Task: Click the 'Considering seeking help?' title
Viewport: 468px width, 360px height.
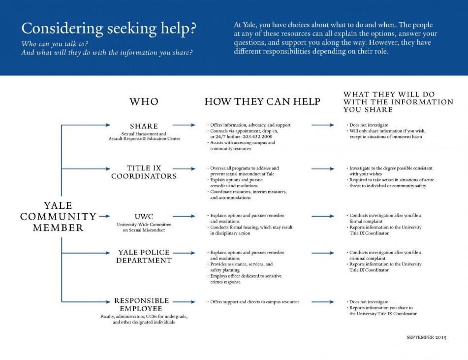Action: pyautogui.click(x=109, y=29)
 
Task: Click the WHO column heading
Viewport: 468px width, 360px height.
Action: pyautogui.click(x=144, y=101)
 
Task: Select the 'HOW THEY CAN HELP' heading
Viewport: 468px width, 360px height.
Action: pyautogui.click(x=262, y=101)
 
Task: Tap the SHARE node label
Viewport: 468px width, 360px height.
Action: pyautogui.click(x=144, y=126)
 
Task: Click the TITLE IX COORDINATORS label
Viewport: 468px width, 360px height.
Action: pyautogui.click(x=144, y=172)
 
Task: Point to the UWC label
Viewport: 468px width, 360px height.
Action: pyautogui.click(x=144, y=217)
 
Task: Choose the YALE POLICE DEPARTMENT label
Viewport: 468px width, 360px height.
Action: pyautogui.click(x=144, y=256)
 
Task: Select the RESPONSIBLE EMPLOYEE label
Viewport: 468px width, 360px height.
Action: pyautogui.click(x=141, y=304)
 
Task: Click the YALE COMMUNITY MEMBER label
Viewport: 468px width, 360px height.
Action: pyautogui.click(x=58, y=217)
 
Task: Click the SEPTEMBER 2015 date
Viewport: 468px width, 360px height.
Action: pyautogui.click(x=427, y=337)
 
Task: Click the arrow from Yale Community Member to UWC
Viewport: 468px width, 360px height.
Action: pyautogui.click(x=104, y=216)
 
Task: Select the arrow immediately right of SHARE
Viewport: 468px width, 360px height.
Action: pyautogui.click(x=184, y=125)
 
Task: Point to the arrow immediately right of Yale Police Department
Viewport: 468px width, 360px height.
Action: pyautogui.click(x=184, y=253)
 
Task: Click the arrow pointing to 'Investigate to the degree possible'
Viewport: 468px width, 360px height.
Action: pyautogui.click(x=323, y=169)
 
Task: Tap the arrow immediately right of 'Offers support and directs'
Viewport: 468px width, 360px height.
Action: pyautogui.click(x=323, y=302)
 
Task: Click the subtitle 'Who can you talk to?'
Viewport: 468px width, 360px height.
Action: pyautogui.click(x=55, y=44)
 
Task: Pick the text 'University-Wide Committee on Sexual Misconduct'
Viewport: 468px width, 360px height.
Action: pyautogui.click(x=144, y=227)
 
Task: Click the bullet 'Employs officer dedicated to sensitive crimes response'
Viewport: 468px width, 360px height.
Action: pyautogui.click(x=245, y=279)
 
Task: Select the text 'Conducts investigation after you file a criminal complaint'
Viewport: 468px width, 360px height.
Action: pyautogui.click(x=384, y=255)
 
